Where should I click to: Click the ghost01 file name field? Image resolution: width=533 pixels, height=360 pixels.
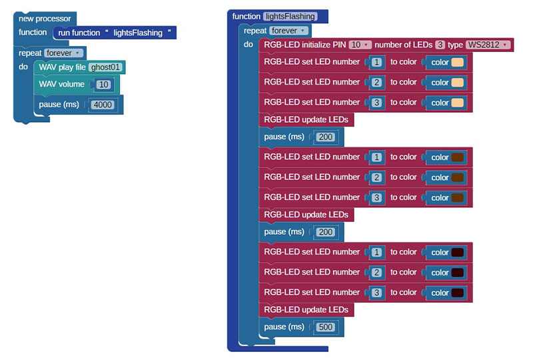(105, 67)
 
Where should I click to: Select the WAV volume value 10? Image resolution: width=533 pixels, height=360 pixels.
(104, 85)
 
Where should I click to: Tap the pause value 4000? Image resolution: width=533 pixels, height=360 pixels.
(103, 105)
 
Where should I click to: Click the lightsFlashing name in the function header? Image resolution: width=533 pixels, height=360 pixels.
(290, 16)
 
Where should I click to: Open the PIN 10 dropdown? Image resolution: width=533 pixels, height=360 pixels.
(360, 45)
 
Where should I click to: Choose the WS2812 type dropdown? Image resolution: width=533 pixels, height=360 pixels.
(488, 45)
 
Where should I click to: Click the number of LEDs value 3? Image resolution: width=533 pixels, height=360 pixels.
(440, 45)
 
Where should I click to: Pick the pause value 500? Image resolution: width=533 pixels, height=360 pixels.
(325, 327)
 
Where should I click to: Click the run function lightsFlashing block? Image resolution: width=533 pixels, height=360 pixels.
(115, 33)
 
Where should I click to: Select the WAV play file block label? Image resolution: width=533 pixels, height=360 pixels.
(62, 67)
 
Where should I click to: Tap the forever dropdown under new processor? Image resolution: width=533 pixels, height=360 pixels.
(63, 53)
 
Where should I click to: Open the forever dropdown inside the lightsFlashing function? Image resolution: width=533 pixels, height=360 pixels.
(289, 31)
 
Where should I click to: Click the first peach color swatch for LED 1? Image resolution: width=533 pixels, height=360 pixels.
(457, 62)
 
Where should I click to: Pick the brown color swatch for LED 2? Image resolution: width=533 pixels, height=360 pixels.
(457, 177)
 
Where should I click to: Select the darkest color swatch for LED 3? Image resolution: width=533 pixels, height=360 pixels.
(457, 293)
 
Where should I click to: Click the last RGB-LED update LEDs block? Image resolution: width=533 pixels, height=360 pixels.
(306, 309)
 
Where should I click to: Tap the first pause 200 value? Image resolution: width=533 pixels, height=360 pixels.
(325, 137)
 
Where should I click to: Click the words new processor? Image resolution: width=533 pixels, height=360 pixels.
(45, 19)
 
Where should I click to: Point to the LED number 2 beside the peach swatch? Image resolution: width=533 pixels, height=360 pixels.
(376, 83)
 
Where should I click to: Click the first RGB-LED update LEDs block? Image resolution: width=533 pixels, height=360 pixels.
(306, 120)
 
